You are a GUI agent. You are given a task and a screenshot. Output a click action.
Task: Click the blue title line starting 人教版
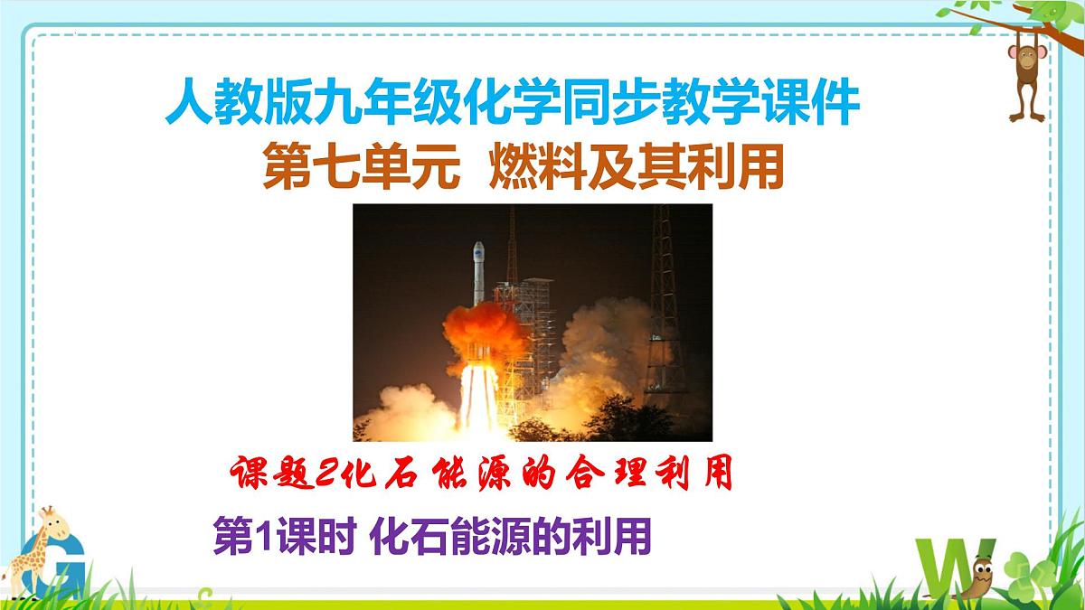[x=512, y=105]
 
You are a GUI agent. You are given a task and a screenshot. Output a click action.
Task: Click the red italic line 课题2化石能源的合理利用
[x=479, y=473]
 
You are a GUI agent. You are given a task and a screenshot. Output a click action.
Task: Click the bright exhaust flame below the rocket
[x=476, y=398]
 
